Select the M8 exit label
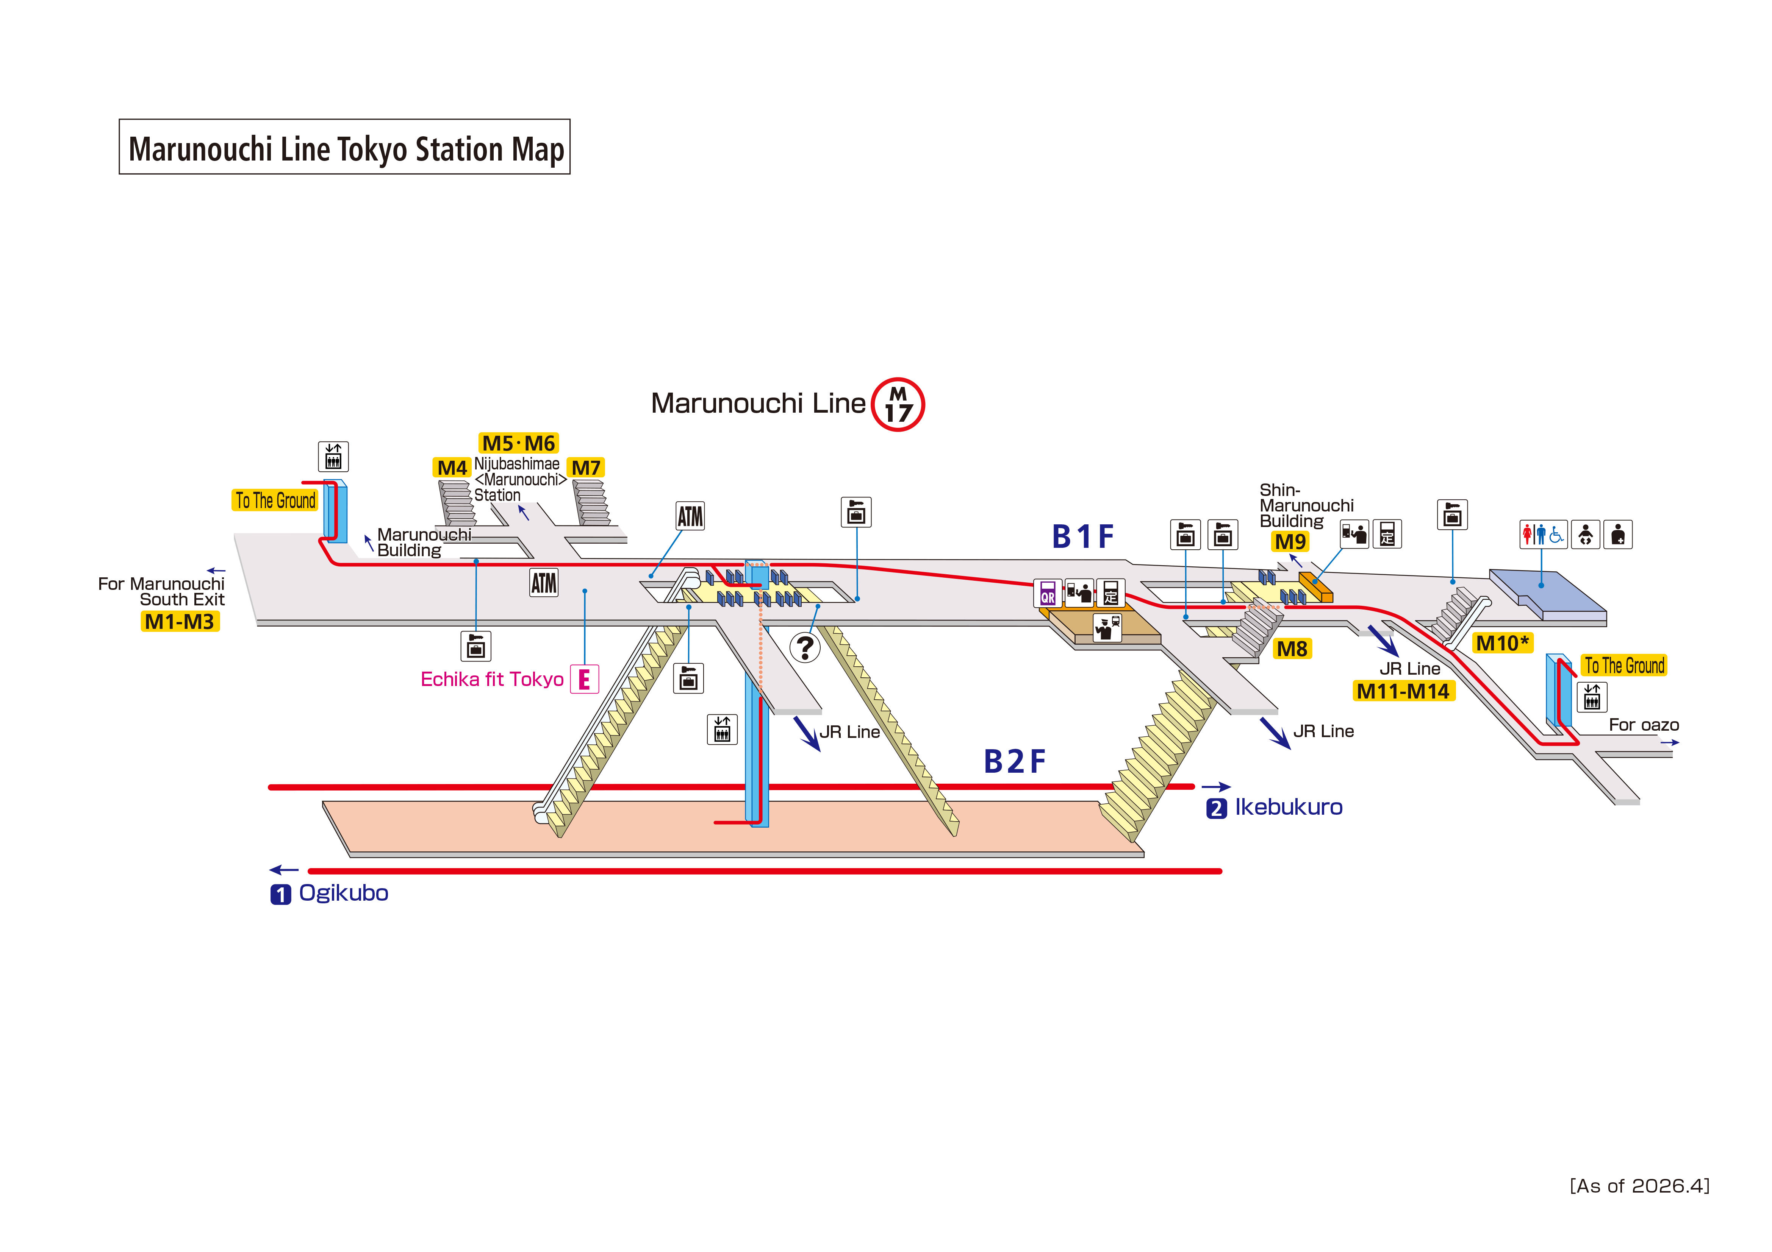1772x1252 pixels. pyautogui.click(x=1292, y=649)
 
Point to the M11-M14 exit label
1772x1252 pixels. pyautogui.click(x=1403, y=691)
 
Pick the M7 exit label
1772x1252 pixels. pyautogui.click(x=586, y=468)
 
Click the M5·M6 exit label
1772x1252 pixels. pyautogui.click(x=519, y=443)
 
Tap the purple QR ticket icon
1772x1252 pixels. pyautogui.click(x=1047, y=592)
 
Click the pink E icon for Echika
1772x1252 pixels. pyautogui.click(x=584, y=679)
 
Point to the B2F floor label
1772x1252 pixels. pyautogui.click(x=1015, y=761)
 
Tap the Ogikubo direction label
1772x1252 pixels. pyautogui.click(x=343, y=893)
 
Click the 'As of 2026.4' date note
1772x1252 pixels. pyautogui.click(x=1639, y=1186)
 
